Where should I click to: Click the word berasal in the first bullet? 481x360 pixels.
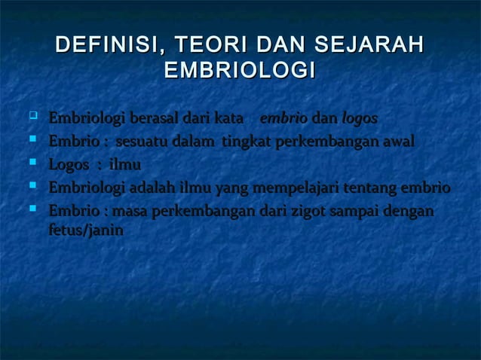152,119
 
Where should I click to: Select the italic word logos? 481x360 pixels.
360,119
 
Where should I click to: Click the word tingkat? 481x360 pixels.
245,142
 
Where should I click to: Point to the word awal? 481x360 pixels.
397,142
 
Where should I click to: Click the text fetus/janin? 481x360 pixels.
85,231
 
